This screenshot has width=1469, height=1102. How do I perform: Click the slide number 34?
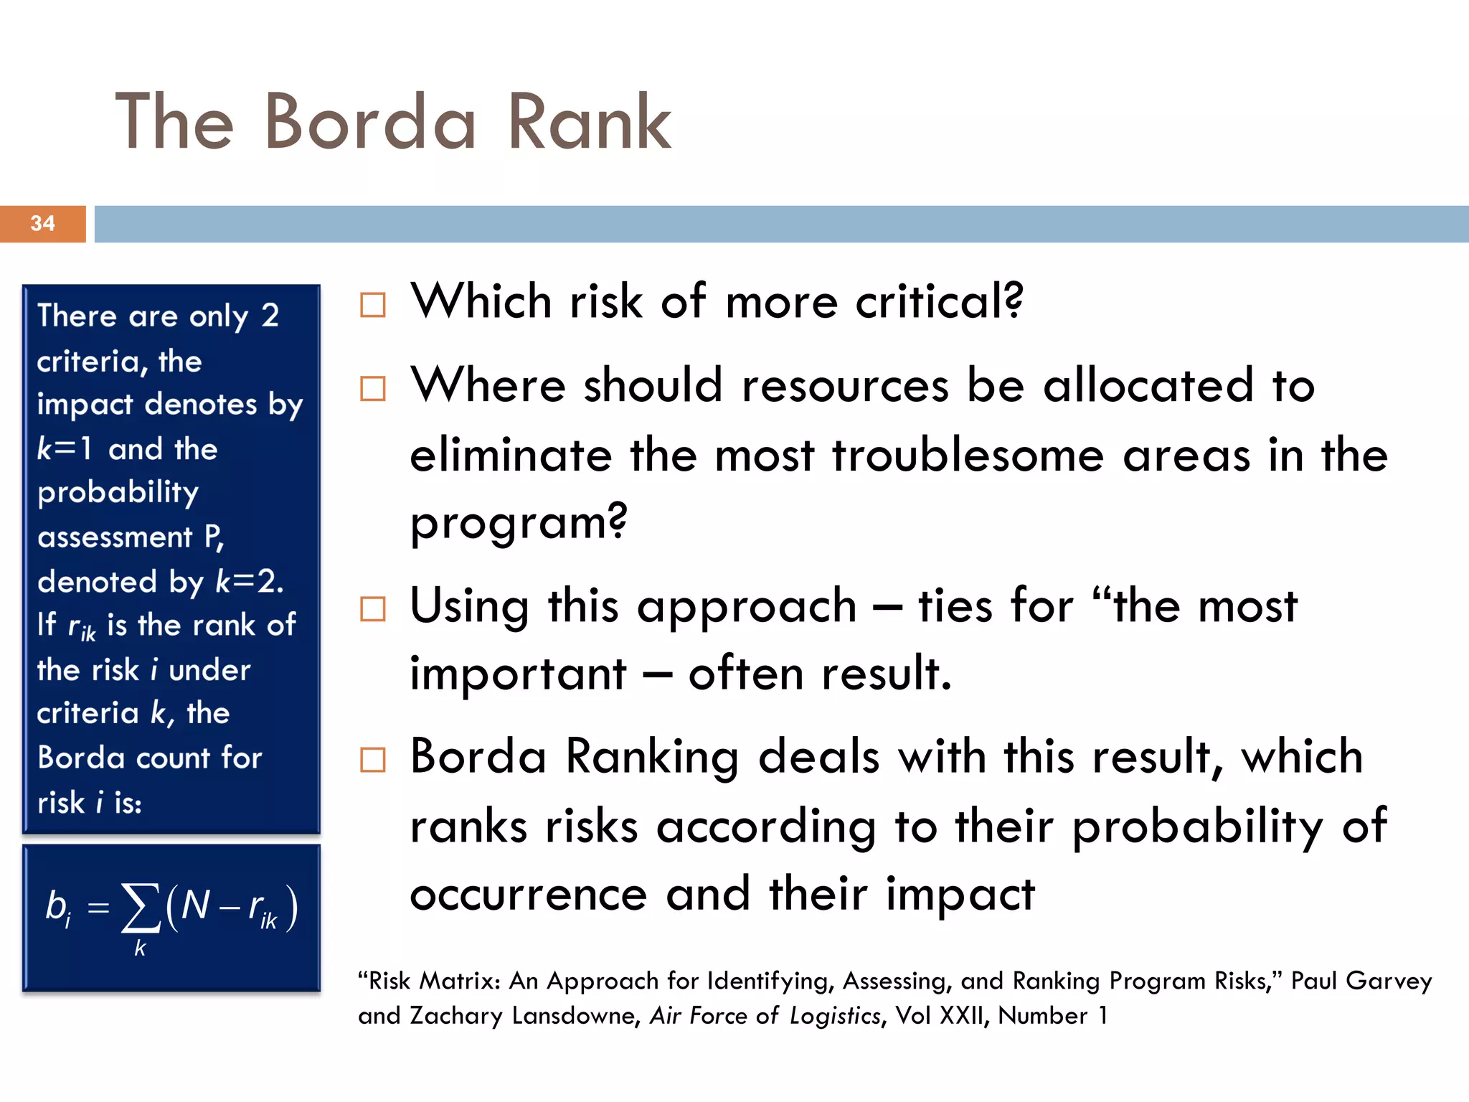coord(43,223)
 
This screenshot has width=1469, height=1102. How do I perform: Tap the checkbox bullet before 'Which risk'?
coord(373,305)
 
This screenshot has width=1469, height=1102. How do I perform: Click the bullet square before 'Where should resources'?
coord(373,389)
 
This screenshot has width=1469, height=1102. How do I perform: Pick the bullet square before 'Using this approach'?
coord(373,609)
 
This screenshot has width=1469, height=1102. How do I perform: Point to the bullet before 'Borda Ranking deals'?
coord(373,759)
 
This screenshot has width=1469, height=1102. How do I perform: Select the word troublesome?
coord(968,456)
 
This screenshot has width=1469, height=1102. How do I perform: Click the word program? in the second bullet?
coord(519,522)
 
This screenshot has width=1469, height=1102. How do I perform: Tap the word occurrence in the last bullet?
coord(529,895)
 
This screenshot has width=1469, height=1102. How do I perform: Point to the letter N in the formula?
coord(195,905)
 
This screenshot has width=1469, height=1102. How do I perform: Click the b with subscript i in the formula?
coord(58,908)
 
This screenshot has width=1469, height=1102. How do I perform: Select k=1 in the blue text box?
coord(65,449)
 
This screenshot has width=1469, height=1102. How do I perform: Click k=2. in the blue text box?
coord(250,581)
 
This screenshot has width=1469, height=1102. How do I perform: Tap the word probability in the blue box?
coord(118,494)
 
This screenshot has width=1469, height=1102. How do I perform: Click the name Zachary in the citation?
coord(456,1016)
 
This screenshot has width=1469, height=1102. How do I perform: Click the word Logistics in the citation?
coord(835,1016)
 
